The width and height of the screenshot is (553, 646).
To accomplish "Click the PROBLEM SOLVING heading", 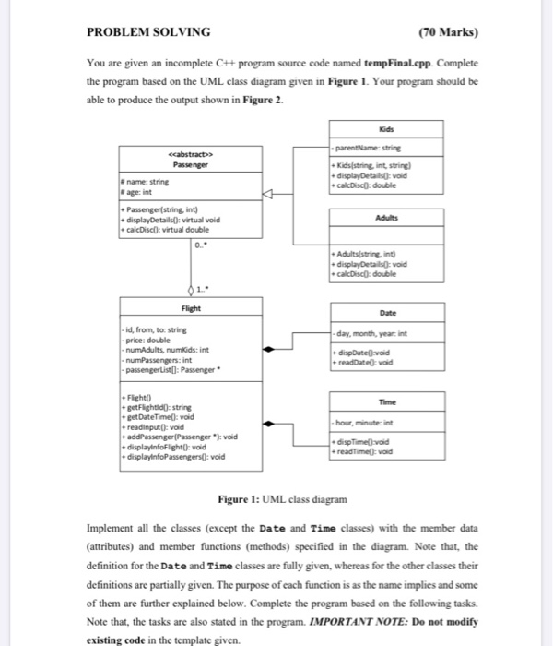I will tap(147, 32).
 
